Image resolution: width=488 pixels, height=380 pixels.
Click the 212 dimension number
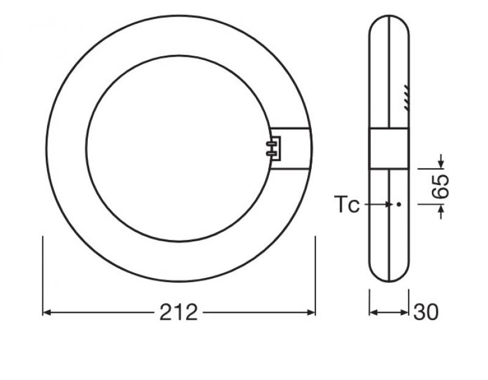point(179,312)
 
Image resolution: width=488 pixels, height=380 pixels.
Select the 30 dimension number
point(426,312)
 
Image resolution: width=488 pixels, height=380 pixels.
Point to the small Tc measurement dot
point(398,205)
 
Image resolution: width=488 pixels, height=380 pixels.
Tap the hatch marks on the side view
point(406,98)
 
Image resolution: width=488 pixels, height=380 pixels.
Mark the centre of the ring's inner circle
point(179,147)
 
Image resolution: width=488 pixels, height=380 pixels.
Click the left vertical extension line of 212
point(43,275)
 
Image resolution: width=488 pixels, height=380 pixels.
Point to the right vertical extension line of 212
point(315,275)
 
